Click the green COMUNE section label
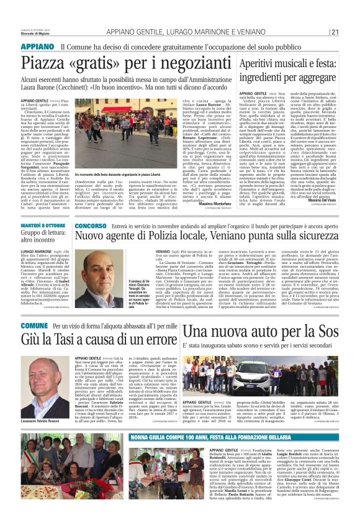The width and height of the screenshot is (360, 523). tap(34, 325)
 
